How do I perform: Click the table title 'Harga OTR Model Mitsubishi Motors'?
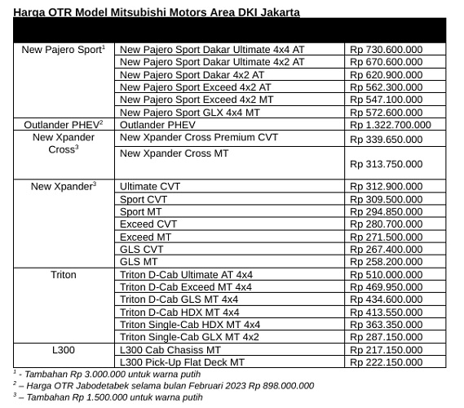pyautogui.click(x=156, y=12)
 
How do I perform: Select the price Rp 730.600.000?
pyautogui.click(x=386, y=50)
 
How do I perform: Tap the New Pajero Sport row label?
pyautogui.click(x=64, y=50)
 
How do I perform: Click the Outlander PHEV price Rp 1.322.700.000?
pyautogui.click(x=390, y=125)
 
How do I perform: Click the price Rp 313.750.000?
pyautogui.click(x=386, y=164)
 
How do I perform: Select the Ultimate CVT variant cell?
pyautogui.click(x=150, y=186)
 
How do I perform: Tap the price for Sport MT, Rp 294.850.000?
pyautogui.click(x=386, y=211)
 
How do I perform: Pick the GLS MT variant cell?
pyautogui.click(x=139, y=262)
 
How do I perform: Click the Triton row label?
pyautogui.click(x=64, y=275)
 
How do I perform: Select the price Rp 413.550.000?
pyautogui.click(x=386, y=312)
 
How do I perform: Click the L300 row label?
pyautogui.click(x=64, y=349)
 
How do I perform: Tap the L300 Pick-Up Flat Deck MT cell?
pyautogui.click(x=182, y=361)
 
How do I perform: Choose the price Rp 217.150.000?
pyautogui.click(x=386, y=349)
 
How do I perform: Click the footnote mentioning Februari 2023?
pyautogui.click(x=167, y=385)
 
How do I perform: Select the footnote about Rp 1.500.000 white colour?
pyautogui.click(x=110, y=397)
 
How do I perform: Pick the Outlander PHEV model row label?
pyautogui.click(x=64, y=125)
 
